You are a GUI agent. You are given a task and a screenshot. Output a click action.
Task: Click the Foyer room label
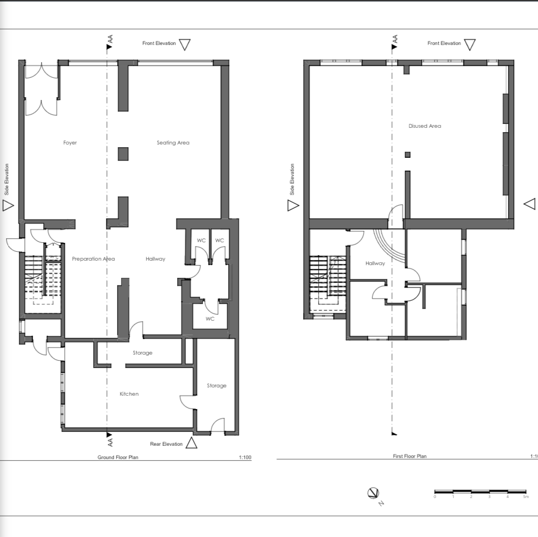[x=70, y=143]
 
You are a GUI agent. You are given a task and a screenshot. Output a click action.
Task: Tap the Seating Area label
[x=173, y=143]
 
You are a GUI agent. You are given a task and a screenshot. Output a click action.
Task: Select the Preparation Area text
[x=93, y=259]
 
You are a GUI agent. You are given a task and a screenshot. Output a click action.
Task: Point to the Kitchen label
[x=129, y=394]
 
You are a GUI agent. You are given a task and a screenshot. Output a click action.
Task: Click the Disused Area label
[x=425, y=126]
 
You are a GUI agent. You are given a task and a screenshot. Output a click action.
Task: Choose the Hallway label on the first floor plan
[x=375, y=263]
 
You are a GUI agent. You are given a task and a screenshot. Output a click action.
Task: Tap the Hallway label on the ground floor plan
[x=155, y=259]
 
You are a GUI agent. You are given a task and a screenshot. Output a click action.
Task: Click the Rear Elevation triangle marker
[x=191, y=443]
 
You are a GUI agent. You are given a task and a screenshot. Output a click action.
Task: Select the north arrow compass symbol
[x=374, y=493]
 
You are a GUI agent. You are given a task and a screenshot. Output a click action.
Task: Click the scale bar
[x=480, y=491]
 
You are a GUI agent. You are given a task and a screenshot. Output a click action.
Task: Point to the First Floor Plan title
[x=409, y=456]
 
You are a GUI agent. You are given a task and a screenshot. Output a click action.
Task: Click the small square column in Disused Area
[x=408, y=155]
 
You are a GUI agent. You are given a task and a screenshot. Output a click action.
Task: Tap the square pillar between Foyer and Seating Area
[x=123, y=154]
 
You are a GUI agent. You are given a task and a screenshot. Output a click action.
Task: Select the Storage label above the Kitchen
[x=142, y=353]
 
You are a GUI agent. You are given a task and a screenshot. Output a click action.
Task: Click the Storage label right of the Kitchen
[x=217, y=386]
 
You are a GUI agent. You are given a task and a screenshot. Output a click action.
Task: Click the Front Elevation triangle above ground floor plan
[x=185, y=44]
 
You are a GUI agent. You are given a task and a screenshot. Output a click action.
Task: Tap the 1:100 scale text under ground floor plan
[x=245, y=458]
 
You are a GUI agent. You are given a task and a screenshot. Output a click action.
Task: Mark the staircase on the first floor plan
[x=327, y=284]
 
